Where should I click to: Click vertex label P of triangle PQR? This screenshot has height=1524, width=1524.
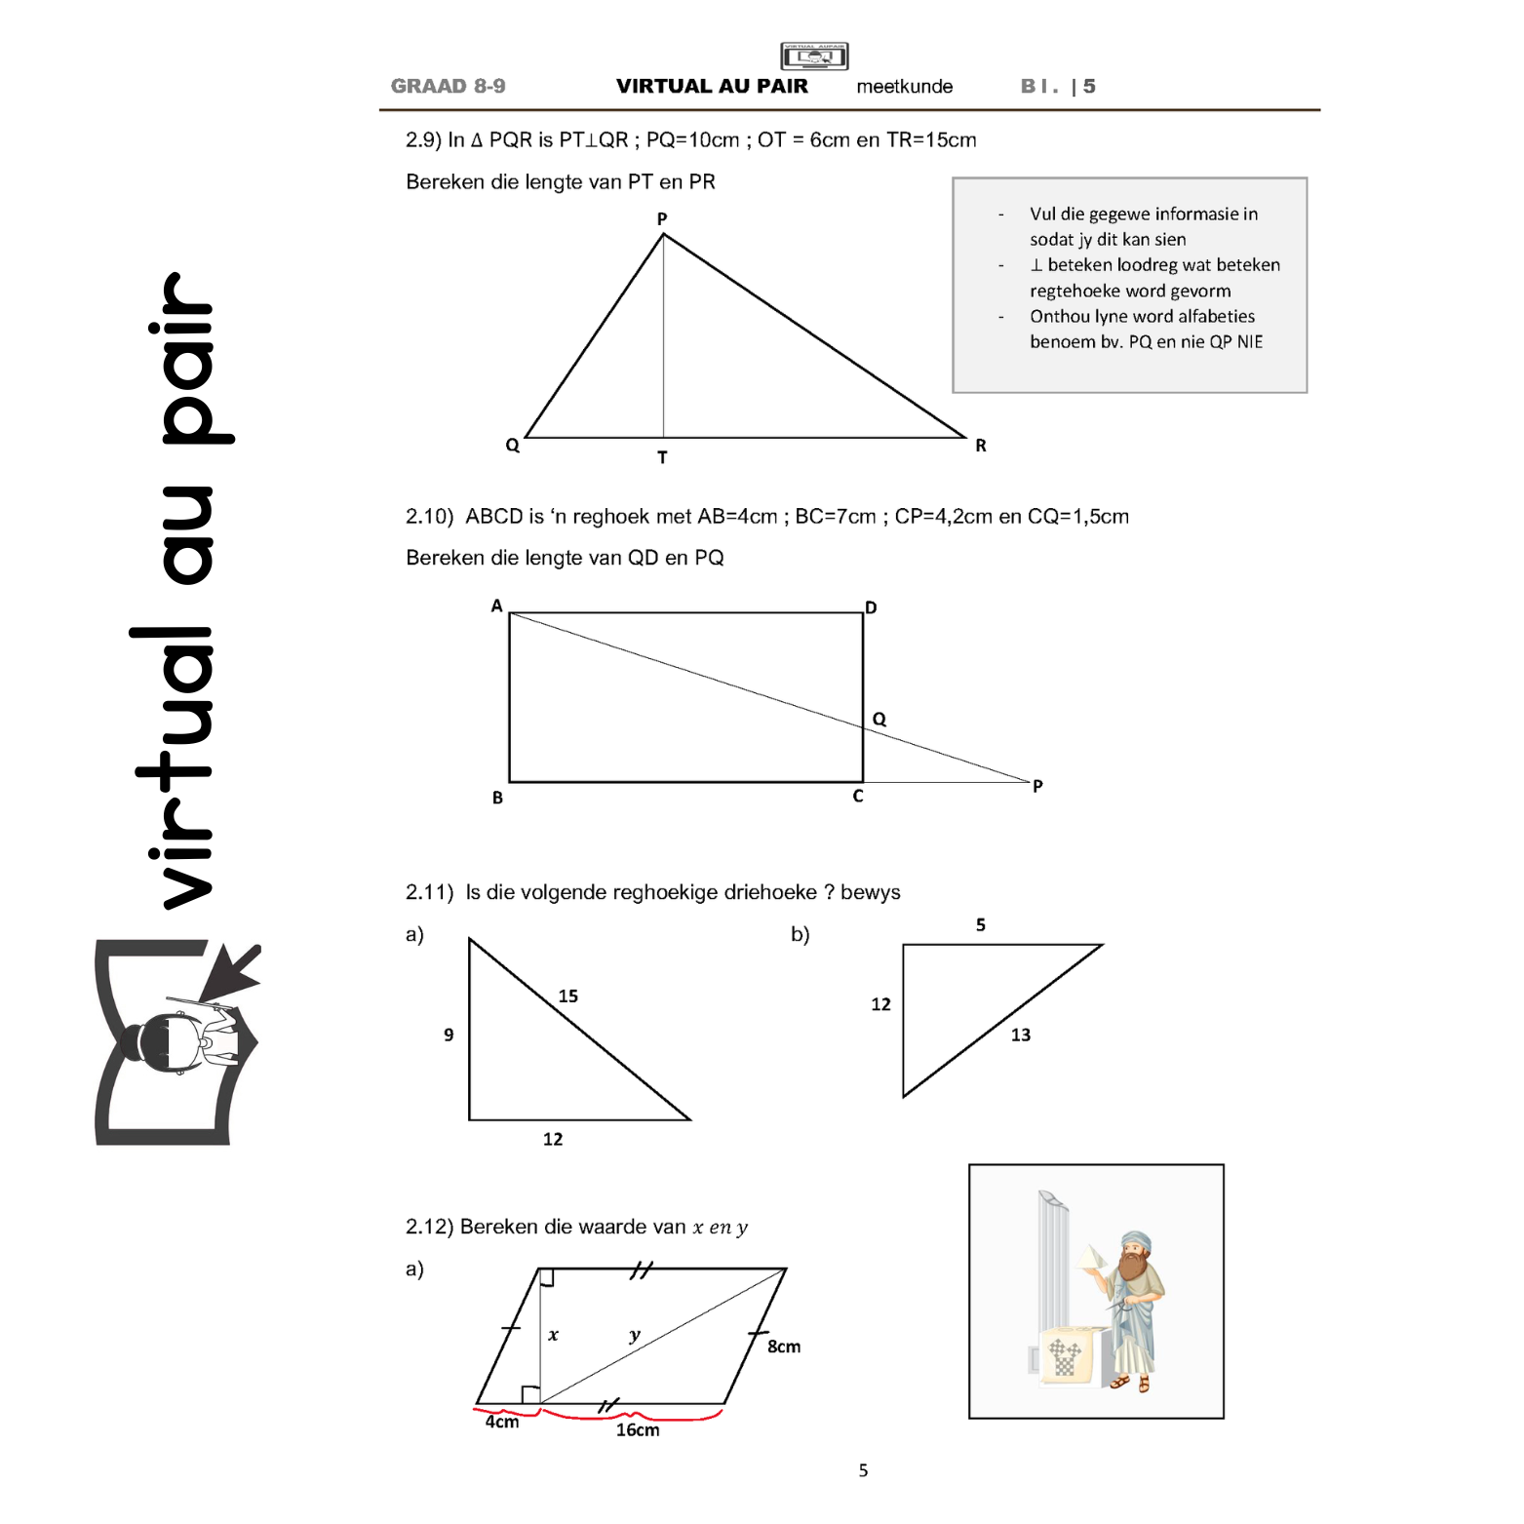point(662,218)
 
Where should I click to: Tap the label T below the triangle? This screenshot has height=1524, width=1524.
point(662,456)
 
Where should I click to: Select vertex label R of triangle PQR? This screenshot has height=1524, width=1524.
point(981,445)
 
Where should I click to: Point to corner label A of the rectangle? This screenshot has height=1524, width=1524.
point(497,606)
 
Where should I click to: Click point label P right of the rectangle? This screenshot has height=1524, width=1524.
point(1037,785)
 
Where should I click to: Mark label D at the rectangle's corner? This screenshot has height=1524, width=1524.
point(871,607)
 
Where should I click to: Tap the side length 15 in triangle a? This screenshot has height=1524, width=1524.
point(568,996)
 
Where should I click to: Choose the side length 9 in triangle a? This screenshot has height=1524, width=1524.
point(449,1035)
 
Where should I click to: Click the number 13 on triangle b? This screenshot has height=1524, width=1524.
point(1021,1035)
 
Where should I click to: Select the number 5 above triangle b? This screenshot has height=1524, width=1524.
point(981,924)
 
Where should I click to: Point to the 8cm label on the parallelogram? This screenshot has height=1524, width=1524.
point(784,1347)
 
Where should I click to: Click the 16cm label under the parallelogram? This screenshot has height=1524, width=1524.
point(638,1429)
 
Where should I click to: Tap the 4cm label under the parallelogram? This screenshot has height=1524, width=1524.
point(502,1422)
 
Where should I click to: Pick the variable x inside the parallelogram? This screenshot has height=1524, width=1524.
point(553,1335)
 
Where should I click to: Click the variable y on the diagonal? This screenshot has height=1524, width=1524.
point(635,1335)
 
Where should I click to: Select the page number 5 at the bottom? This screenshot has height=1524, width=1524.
point(863,1470)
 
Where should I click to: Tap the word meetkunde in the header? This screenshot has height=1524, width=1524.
point(905,86)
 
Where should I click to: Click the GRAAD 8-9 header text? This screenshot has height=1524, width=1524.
point(449,86)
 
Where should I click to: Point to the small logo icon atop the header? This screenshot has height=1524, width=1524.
point(814,56)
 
